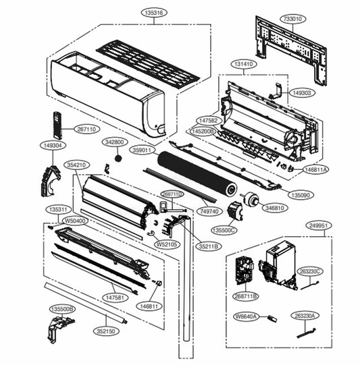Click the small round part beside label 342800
[x=116, y=159]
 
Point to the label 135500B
[x=62, y=308]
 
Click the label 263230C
[x=312, y=271]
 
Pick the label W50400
[x=74, y=220]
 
